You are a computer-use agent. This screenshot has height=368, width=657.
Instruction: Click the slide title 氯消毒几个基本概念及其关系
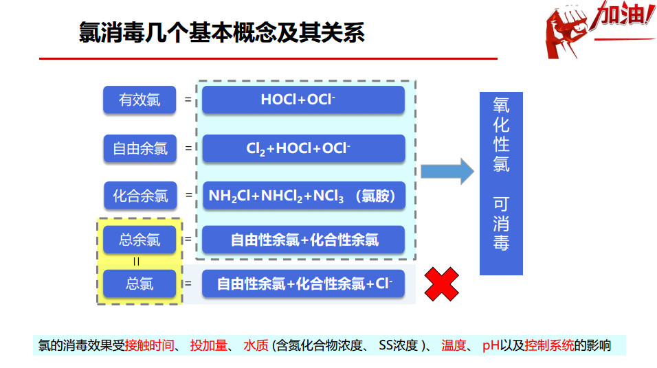221,33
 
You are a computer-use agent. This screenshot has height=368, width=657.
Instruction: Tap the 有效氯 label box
140,100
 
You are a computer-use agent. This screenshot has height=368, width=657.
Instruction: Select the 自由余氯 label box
140,148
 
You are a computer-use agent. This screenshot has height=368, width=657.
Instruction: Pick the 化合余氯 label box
140,196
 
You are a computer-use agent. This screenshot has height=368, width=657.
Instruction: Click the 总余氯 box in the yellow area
140,240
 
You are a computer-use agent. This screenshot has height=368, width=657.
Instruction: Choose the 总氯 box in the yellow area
140,283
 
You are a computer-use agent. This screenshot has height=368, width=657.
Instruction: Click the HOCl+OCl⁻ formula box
302,100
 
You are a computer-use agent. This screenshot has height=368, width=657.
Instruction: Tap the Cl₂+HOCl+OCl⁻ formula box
302,148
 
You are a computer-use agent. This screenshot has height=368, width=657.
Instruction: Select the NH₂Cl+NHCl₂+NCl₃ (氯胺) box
302,196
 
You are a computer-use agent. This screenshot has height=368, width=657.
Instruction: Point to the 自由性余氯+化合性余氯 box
302,240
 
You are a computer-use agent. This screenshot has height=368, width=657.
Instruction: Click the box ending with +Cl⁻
302,284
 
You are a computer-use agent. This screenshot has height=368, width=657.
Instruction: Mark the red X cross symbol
441,284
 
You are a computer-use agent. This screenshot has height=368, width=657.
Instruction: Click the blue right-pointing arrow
447,171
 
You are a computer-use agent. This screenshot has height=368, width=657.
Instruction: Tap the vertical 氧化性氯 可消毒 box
501,183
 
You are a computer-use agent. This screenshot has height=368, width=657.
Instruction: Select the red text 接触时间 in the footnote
149,345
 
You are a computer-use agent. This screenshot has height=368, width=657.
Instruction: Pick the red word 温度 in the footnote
454,345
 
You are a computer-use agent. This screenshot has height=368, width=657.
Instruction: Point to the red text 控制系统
549,345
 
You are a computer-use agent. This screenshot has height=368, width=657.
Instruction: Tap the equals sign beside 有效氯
188,100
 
